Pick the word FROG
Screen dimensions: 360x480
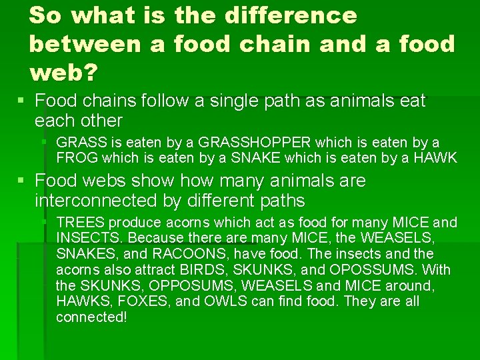(76, 158)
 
